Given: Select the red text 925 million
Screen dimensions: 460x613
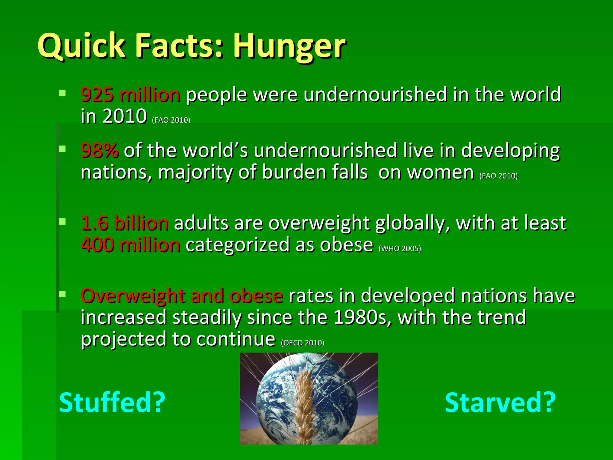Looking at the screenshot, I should click(131, 95).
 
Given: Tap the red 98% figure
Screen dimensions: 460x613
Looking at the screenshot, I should click(99, 150).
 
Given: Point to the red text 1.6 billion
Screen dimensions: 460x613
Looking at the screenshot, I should click(125, 223).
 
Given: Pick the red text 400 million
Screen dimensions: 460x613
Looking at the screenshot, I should click(131, 245).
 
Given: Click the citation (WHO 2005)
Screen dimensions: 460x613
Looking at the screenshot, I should click(400, 249).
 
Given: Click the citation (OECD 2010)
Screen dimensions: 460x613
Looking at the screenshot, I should click(302, 343).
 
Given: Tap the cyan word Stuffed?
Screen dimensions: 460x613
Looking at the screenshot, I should click(112, 403).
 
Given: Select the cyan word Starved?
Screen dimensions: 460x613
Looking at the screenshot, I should click(500, 403).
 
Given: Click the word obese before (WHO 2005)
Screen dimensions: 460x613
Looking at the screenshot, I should click(346, 245).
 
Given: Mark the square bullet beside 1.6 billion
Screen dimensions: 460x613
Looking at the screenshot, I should click(62, 222).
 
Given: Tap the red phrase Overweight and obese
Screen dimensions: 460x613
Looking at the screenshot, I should click(182, 296).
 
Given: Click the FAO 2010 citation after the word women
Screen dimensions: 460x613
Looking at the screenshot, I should click(498, 176).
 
